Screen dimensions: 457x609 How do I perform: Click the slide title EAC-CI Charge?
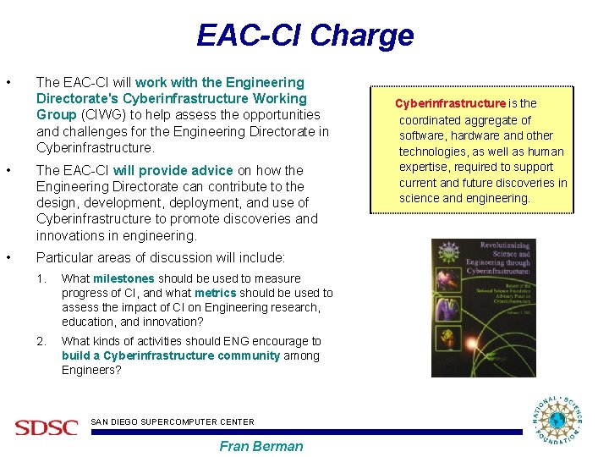tap(304, 36)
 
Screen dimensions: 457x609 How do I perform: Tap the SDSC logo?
tap(46, 427)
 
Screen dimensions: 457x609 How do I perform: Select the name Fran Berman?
tap(261, 446)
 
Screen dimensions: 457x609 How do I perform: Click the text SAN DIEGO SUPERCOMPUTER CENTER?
tap(172, 421)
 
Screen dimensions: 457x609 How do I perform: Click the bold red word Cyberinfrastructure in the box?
tap(450, 103)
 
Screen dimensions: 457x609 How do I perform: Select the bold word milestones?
tap(123, 278)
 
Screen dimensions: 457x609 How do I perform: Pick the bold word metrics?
tap(215, 293)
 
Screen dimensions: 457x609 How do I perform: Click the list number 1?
tap(41, 278)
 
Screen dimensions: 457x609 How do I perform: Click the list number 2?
tap(41, 341)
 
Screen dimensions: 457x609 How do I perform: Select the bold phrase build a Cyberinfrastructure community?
tap(170, 355)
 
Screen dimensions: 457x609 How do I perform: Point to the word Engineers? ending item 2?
tap(91, 370)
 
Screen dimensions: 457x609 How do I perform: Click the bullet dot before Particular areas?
tap(8, 257)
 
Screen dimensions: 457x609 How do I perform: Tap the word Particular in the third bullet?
tap(64, 257)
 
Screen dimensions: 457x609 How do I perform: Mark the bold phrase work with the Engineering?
tap(219, 82)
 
